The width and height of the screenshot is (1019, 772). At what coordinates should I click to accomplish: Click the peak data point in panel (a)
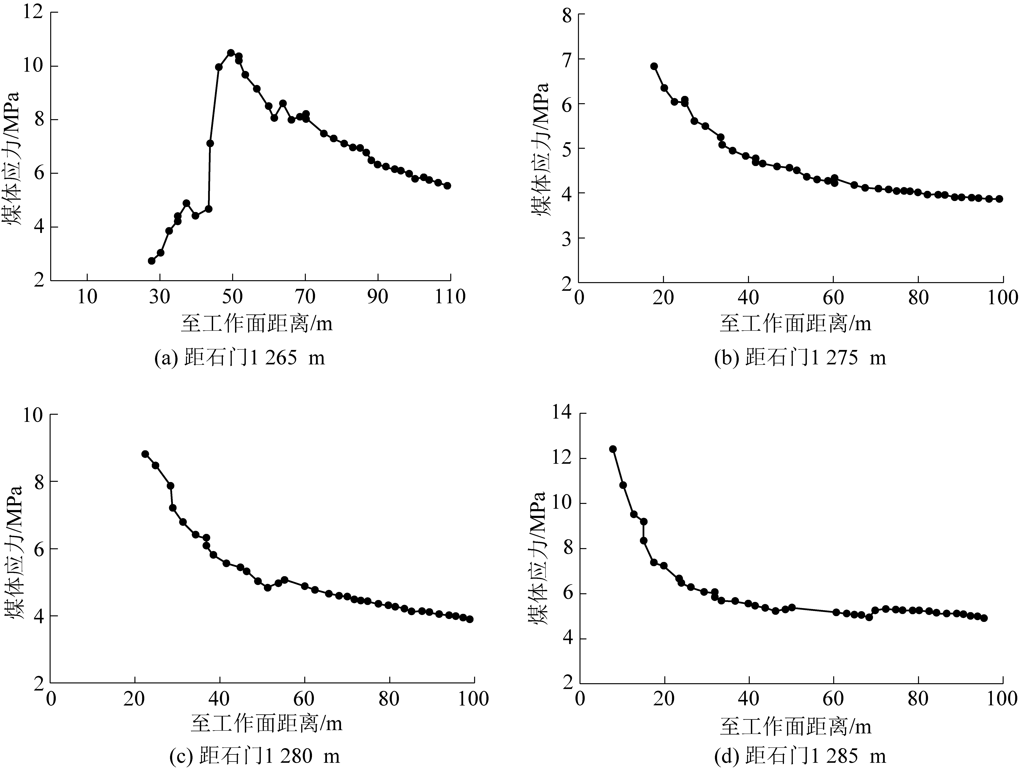[231, 53]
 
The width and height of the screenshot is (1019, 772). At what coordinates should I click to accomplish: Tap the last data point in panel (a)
[447, 185]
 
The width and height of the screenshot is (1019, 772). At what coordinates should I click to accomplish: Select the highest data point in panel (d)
[613, 449]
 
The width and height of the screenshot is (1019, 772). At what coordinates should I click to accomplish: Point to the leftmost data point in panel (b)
[654, 66]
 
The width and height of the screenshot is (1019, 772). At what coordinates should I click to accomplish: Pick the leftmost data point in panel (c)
[145, 454]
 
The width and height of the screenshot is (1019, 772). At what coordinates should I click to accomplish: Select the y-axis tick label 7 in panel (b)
[566, 59]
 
